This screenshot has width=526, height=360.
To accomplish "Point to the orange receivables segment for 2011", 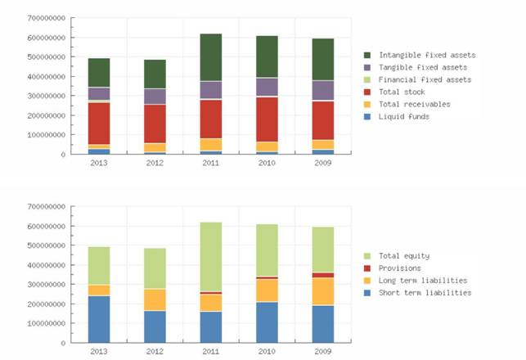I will point(211,144).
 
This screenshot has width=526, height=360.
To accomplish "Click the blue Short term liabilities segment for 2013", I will point(99,318).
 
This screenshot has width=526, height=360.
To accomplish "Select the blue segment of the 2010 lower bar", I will point(267,322).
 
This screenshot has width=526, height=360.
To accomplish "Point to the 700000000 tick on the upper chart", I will point(46,17).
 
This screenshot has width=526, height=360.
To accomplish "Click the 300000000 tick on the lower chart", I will point(46,285).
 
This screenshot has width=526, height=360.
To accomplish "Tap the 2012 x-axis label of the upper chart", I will point(155,162).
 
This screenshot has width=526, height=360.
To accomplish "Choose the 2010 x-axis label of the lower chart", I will point(267,350).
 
